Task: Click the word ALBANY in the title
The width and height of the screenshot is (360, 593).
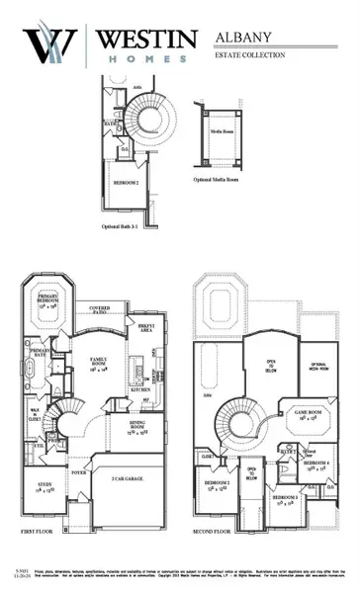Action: point(244,37)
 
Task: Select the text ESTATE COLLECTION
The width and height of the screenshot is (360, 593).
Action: point(250,55)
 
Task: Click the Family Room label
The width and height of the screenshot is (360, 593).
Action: point(100,362)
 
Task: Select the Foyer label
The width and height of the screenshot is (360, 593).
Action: point(78,472)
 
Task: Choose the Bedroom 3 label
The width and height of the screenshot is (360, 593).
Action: point(288,498)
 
